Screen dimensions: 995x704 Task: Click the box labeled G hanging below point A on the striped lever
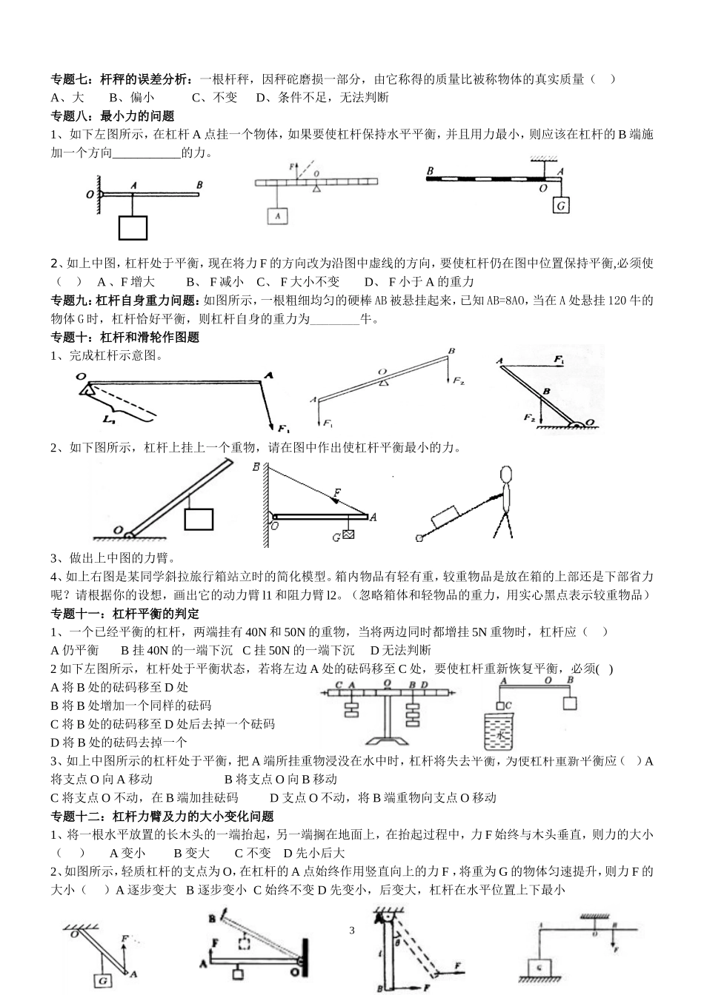point(561,206)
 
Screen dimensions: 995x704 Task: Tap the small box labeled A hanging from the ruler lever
point(277,215)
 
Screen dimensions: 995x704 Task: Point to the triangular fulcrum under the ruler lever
point(317,190)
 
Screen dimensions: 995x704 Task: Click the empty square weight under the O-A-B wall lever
point(133,227)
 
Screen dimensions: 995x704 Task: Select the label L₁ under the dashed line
point(110,420)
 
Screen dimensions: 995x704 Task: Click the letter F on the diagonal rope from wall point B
point(337,492)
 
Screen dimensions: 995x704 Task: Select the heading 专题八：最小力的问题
point(111,115)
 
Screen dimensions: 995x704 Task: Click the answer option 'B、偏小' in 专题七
point(131,97)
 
